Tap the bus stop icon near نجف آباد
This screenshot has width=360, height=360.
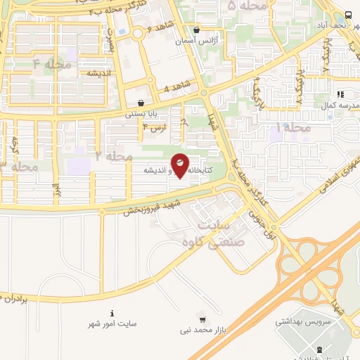(349, 15)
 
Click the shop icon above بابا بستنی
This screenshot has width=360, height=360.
(141, 102)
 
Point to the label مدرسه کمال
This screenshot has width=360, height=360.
(340, 105)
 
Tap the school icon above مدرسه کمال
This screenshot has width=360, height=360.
(340, 94)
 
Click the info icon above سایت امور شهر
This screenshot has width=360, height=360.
(112, 312)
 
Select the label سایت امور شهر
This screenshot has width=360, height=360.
(112, 323)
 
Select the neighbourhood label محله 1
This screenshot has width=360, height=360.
(293, 128)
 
